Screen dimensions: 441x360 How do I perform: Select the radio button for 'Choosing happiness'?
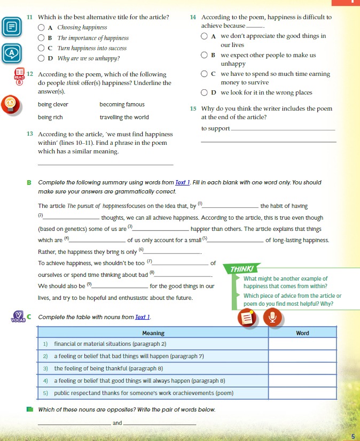41,27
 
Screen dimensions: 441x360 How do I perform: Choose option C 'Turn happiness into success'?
41,48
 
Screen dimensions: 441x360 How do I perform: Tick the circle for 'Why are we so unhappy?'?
41,58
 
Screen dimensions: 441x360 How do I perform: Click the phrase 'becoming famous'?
122,104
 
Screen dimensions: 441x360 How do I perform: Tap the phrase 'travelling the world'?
124,117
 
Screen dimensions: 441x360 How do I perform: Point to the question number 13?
30,134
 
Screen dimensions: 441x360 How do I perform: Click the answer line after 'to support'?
284,129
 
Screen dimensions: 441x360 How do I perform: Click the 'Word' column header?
302,333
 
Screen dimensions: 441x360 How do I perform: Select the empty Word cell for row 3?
302,368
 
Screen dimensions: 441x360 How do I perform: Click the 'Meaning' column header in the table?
153,333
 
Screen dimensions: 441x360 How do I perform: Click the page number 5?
353,436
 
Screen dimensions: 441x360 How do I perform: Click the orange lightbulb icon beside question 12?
10,104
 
